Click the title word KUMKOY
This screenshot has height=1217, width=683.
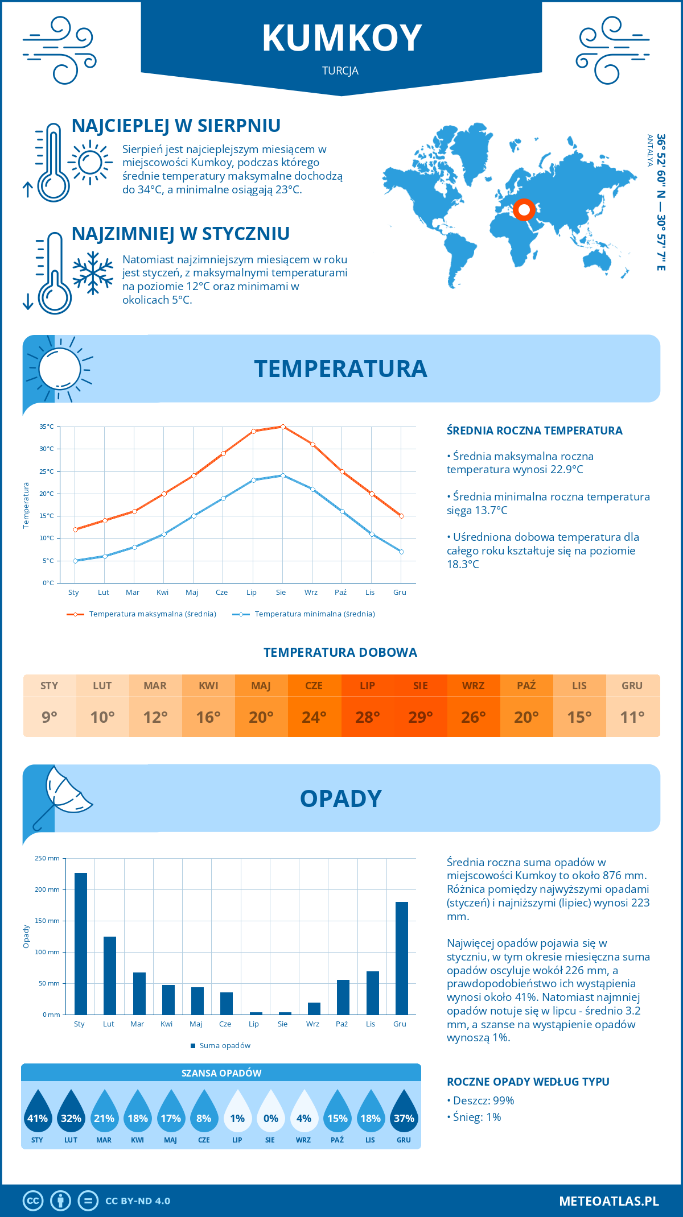pyautogui.click(x=341, y=38)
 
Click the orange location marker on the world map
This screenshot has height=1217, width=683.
pyautogui.click(x=524, y=210)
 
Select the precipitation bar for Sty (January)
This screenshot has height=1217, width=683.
pyautogui.click(x=81, y=943)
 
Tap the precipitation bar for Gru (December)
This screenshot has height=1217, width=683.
pyautogui.click(x=402, y=958)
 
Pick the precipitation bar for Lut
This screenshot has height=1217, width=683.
pyautogui.click(x=110, y=975)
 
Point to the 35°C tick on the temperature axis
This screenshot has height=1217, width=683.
pyautogui.click(x=47, y=427)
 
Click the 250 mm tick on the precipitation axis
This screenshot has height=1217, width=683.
pyautogui.click(x=47, y=858)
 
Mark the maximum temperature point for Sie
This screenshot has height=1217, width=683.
pyautogui.click(x=283, y=427)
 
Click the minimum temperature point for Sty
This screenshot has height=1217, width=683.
pyautogui.click(x=75, y=561)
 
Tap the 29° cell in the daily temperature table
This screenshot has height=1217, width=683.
pyautogui.click(x=421, y=717)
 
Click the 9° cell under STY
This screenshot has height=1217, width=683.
pyautogui.click(x=50, y=717)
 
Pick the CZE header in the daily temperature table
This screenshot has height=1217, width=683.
pyautogui.click(x=314, y=686)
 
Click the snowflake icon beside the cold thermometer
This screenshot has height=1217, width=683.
pyautogui.click(x=93, y=273)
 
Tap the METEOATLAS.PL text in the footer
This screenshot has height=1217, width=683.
pyautogui.click(x=609, y=1201)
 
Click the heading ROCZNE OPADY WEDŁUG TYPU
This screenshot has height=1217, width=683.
pyautogui.click(x=528, y=1082)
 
